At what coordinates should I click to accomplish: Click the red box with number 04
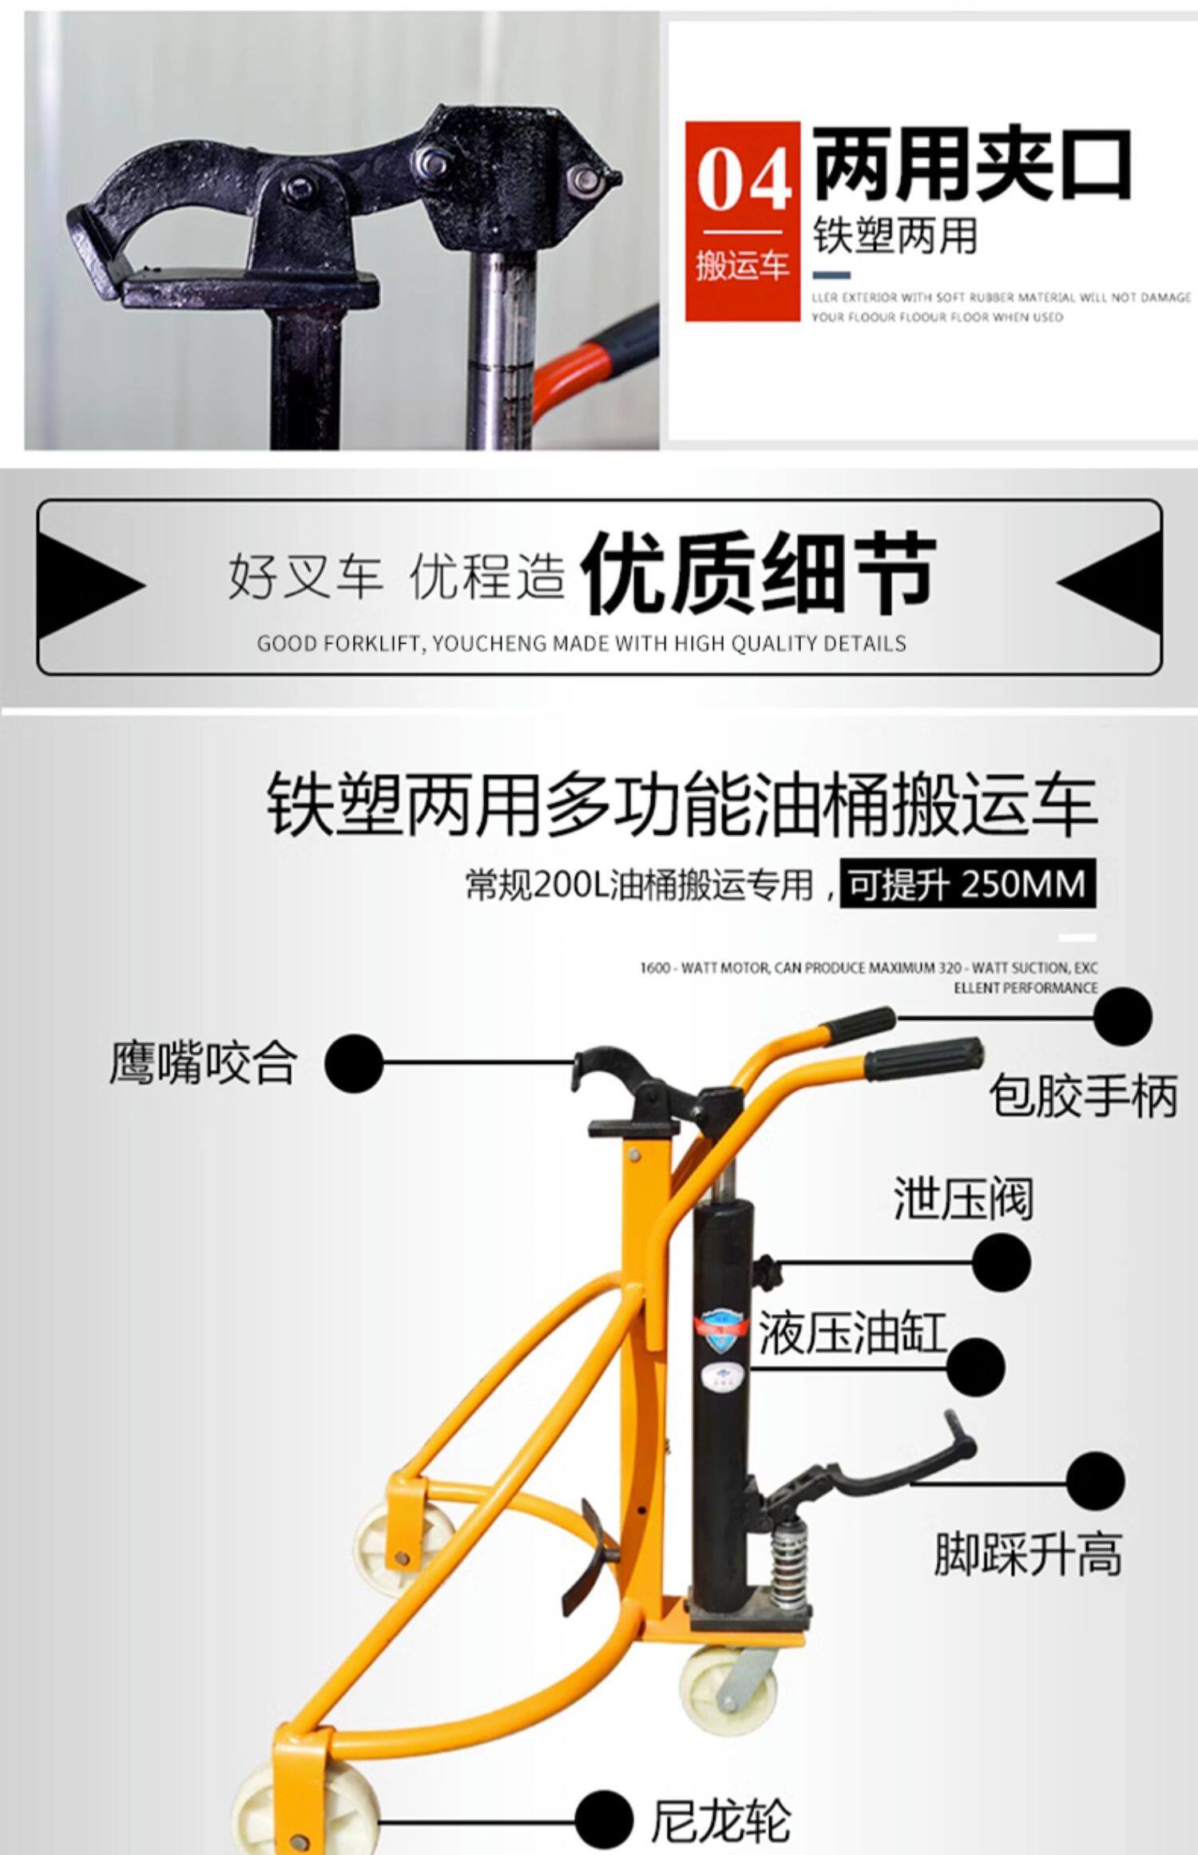point(742,220)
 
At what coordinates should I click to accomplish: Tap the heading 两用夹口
point(972,165)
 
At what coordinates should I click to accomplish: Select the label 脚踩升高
point(1029,1552)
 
